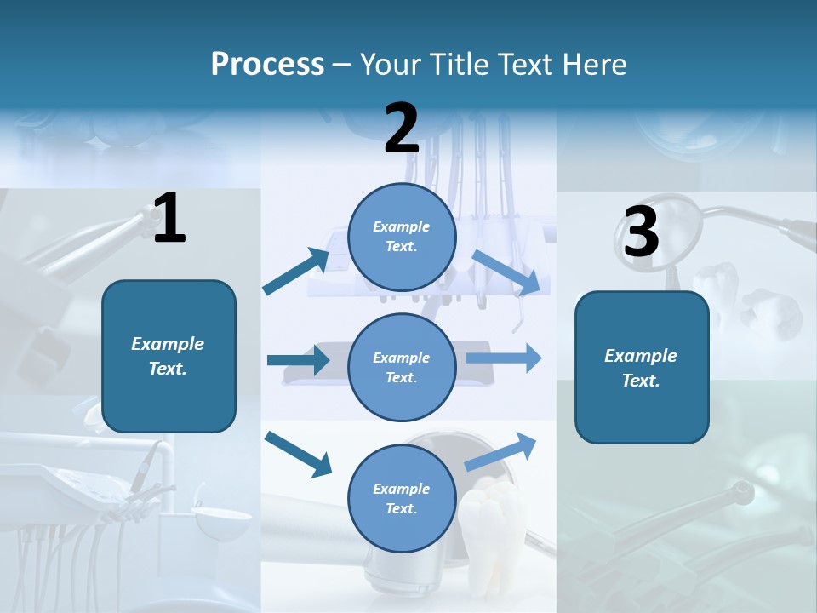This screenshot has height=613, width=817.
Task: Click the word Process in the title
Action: (267, 65)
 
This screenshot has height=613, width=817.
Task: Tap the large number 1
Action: (169, 219)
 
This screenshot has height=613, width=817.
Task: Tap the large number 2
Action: (402, 129)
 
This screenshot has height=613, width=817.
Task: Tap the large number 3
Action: (641, 232)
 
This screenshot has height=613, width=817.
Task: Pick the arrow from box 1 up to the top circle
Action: (296, 272)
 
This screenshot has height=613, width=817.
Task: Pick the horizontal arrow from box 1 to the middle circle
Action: (298, 360)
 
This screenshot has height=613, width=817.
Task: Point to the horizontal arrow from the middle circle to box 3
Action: (504, 358)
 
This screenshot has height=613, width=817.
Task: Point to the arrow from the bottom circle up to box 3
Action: (501, 451)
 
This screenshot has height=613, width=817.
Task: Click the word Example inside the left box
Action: (168, 344)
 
